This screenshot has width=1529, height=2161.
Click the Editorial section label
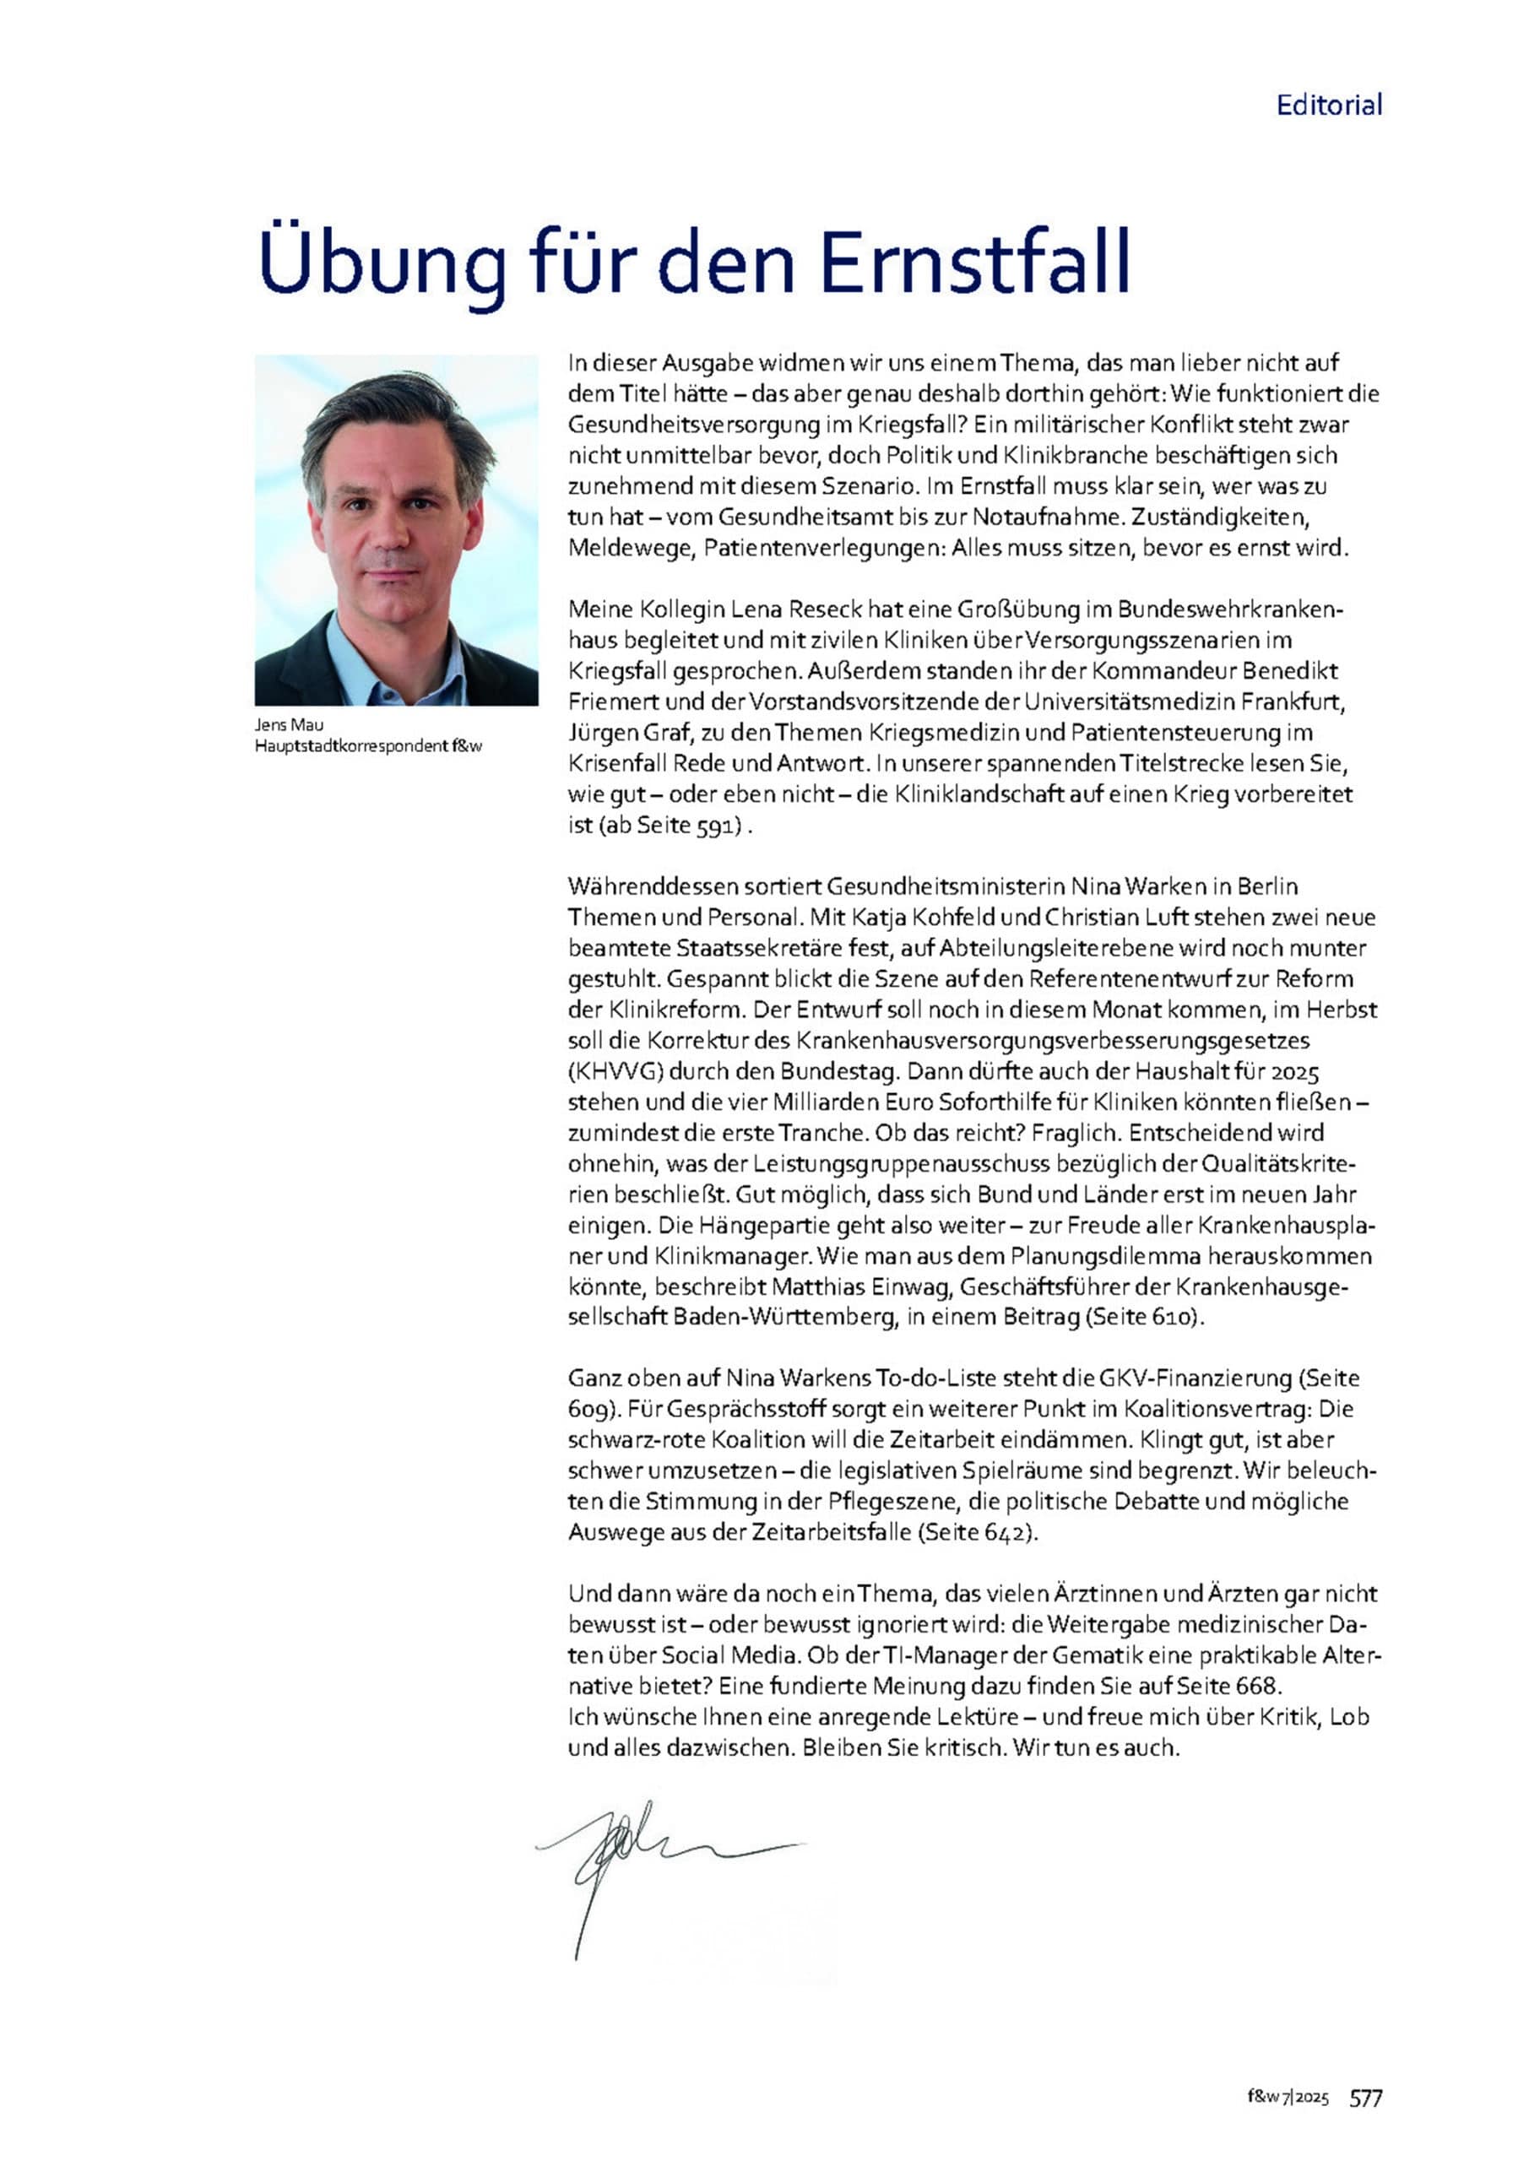(1328, 105)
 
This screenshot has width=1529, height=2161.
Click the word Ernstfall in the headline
(974, 261)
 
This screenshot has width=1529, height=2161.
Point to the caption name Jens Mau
(288, 725)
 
